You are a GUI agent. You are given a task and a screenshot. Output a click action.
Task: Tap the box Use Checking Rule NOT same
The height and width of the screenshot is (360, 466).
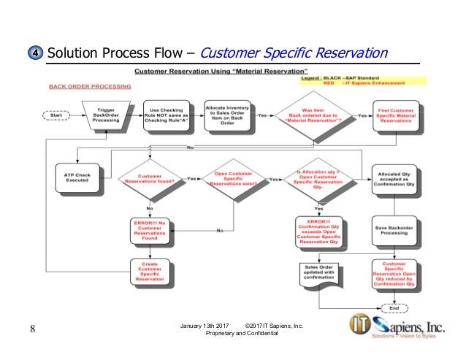tap(166, 115)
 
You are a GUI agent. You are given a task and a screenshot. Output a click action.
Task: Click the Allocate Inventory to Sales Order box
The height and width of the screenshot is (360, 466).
tap(226, 115)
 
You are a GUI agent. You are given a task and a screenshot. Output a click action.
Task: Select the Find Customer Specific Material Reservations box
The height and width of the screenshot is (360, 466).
tap(397, 116)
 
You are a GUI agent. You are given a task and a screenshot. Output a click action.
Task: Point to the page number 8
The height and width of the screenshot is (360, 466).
tap(33, 327)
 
